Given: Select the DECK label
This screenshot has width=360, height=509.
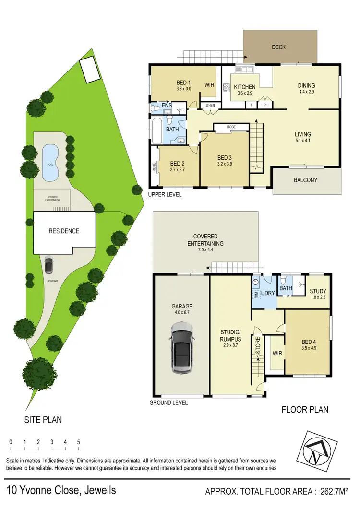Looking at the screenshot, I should tap(278, 47).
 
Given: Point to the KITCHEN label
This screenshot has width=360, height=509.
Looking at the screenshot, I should tap(244, 87).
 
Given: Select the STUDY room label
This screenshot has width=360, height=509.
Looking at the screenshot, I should tap(318, 291).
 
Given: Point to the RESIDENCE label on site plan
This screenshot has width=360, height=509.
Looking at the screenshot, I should tap(64, 231).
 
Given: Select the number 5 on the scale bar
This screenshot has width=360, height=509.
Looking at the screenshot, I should tap(78, 442).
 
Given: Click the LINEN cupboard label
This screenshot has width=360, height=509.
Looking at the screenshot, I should tap(210, 106).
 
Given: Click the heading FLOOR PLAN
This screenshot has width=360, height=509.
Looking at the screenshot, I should tap(304, 409).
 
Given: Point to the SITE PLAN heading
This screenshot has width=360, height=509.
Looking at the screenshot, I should tap(43, 420).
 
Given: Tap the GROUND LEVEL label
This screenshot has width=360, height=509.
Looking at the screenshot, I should tap(168, 402).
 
